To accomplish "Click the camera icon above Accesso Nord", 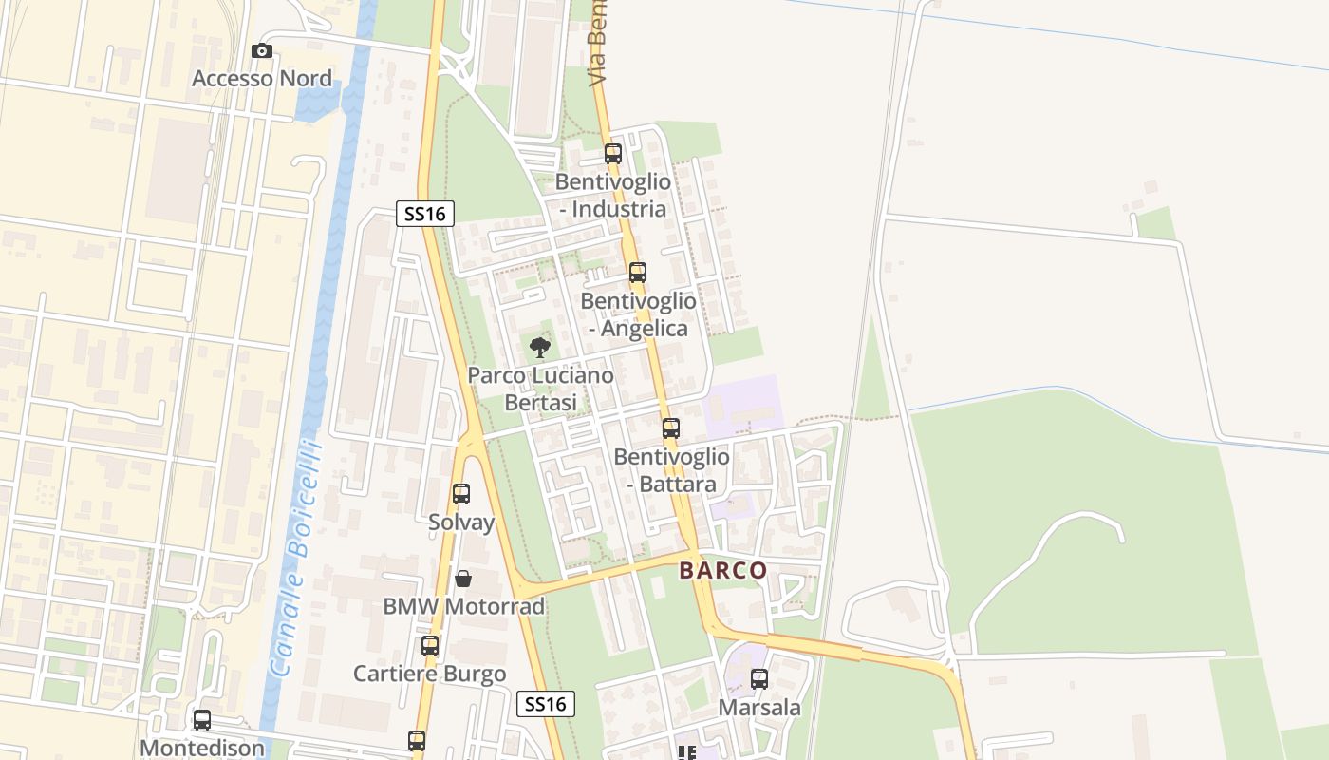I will (262, 51).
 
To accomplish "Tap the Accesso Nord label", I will (262, 78).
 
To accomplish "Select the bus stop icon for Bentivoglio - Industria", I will (613, 153).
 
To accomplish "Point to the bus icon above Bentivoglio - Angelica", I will (638, 273).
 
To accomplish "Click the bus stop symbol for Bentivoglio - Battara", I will (671, 428).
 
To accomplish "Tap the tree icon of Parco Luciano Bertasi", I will (540, 348).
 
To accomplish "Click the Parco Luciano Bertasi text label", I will (540, 389).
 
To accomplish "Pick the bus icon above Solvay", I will (461, 494).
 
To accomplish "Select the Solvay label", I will (461, 522).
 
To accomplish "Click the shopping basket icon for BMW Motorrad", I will (463, 578).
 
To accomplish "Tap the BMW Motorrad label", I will (463, 606).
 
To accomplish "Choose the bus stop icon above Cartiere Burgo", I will (430, 646).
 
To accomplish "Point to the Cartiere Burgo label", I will (430, 674).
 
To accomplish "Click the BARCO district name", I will (723, 571).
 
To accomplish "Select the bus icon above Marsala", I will (759, 679).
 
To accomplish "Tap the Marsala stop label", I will (759, 708).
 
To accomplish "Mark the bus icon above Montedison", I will (202, 720).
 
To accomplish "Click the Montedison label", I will (202, 748).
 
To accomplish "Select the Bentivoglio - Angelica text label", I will (638, 314).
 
